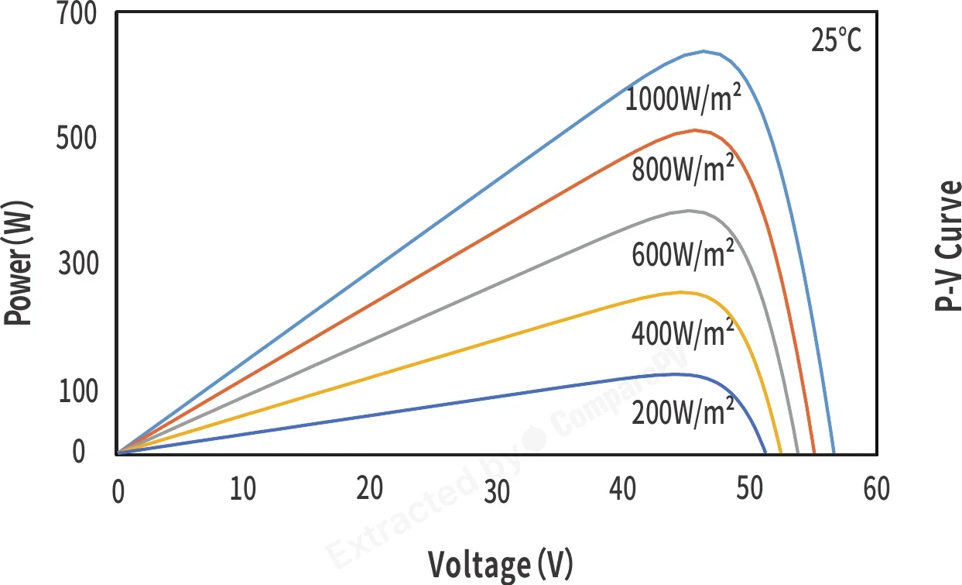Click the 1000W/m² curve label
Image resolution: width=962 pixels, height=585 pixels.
[x=683, y=98]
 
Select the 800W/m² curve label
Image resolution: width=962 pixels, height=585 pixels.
[x=683, y=168]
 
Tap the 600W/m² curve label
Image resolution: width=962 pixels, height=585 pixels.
[x=683, y=253]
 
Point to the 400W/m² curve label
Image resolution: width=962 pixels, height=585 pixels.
[x=683, y=332]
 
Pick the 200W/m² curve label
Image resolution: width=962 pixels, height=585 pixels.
[x=683, y=411]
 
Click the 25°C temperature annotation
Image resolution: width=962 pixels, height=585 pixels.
[x=836, y=40]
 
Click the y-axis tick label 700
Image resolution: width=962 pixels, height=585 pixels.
[x=77, y=13]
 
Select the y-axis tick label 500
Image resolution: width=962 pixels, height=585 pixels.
[x=77, y=139]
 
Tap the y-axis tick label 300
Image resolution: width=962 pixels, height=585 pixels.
[x=78, y=263]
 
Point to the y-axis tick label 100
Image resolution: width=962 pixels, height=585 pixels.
[x=78, y=391]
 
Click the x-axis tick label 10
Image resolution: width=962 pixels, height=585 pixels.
[x=243, y=489]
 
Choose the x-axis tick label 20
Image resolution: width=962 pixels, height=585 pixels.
[x=369, y=489]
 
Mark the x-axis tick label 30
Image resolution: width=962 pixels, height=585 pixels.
[x=497, y=492]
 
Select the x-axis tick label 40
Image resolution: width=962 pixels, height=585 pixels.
[x=623, y=489]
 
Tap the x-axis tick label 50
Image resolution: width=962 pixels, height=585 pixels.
[x=750, y=489]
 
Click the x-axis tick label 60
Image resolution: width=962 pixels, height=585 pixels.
[x=877, y=489]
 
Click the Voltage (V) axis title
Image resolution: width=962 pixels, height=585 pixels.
[x=500, y=564]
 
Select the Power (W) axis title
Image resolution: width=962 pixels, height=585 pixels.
[x=18, y=263]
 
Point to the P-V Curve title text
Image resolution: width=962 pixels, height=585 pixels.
[x=947, y=246]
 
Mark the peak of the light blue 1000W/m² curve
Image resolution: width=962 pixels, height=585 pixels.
[x=703, y=51]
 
